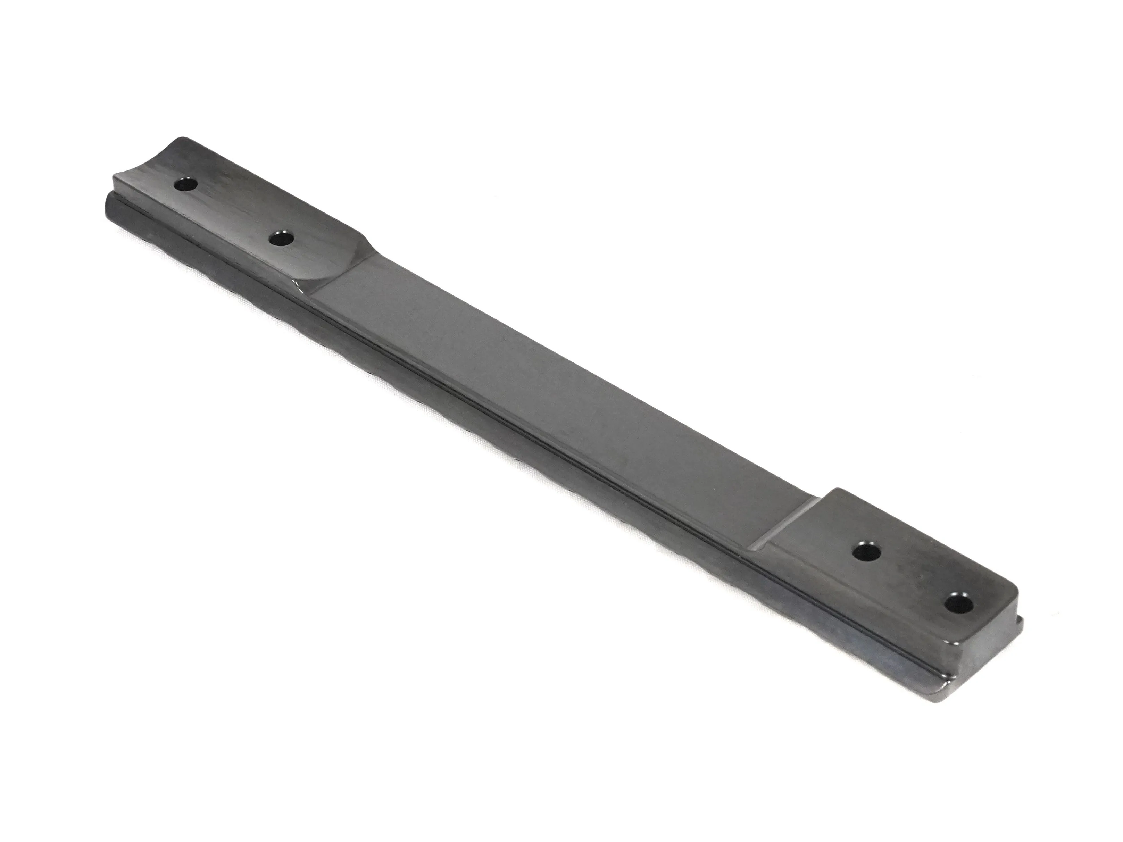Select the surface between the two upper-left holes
[x=234, y=211]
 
